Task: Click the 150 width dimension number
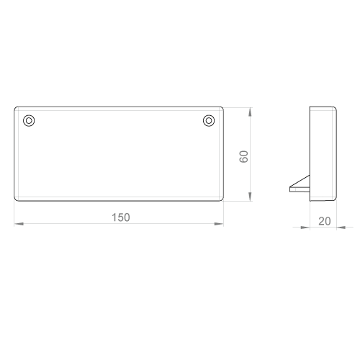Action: (121, 217)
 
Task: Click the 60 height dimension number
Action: (244, 157)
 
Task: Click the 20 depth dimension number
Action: (325, 221)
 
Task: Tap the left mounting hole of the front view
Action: (29, 120)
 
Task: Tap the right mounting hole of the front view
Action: (209, 120)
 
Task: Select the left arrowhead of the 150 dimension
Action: (19, 224)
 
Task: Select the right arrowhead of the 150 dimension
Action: (219, 224)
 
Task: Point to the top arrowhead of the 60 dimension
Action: (250, 112)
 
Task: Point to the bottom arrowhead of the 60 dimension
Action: (250, 197)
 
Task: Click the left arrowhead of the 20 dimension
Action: (305, 228)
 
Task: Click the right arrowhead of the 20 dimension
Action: (341, 228)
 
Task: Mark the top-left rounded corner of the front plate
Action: (16, 108)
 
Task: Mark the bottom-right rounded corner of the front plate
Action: (222, 199)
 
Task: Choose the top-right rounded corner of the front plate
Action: (222, 108)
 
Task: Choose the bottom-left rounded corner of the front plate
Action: (16, 199)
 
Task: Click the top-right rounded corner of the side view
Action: (335, 108)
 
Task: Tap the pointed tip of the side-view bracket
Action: (290, 187)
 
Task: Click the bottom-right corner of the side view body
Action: (335, 199)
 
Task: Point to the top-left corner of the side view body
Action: (310, 107)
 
